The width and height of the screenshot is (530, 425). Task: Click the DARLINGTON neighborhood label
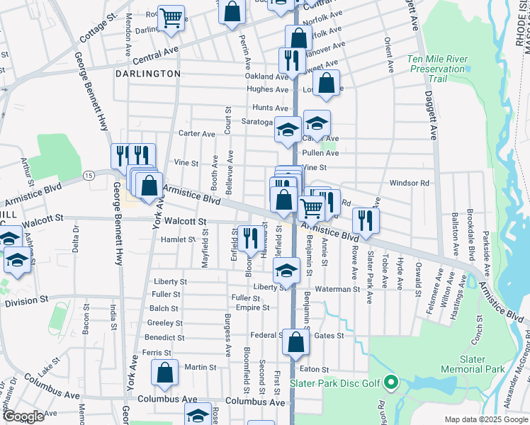pos(150,74)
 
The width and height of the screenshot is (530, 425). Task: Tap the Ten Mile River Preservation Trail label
pos(437,69)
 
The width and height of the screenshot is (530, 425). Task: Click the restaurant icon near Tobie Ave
pos(366,220)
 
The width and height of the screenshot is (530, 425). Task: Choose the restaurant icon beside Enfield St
pos(249,237)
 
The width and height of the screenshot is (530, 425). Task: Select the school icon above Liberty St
pos(286,271)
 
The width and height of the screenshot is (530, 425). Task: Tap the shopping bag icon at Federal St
pos(295,343)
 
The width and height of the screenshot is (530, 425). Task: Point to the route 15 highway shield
pos(89,174)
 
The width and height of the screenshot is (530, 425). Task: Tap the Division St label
pos(25,303)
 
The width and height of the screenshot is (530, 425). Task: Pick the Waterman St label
pos(338,289)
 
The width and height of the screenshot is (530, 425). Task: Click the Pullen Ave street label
pos(320,153)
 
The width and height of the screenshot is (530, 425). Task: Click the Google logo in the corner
pos(23,416)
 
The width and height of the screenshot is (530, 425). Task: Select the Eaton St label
pos(315,369)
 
